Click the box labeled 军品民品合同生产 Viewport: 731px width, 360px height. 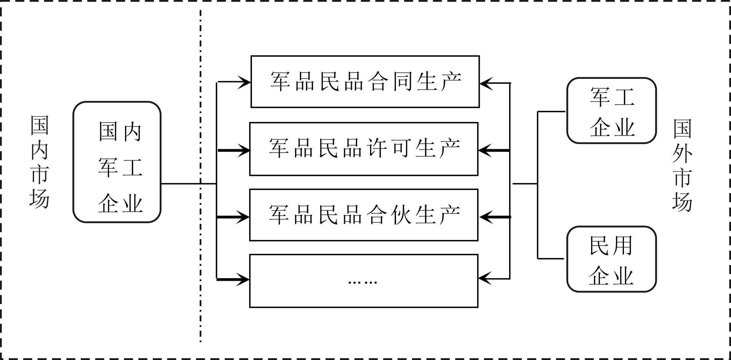[x=365, y=82]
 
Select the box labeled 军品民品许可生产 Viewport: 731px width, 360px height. [x=364, y=149]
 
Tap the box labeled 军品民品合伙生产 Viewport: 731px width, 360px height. [x=364, y=215]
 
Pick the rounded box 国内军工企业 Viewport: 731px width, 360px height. [x=117, y=162]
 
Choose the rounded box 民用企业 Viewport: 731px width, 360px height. [x=611, y=259]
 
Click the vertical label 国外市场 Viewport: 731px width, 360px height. [x=682, y=165]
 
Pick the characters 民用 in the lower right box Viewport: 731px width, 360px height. [x=611, y=246]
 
